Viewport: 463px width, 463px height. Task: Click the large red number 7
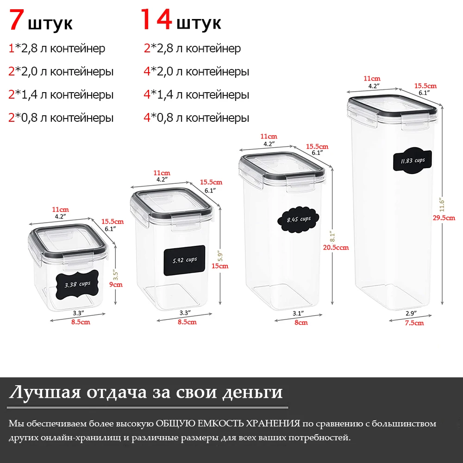pyautogui.click(x=17, y=20)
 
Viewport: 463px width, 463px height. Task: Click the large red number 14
pyautogui.click(x=156, y=20)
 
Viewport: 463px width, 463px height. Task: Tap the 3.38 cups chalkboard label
pyautogui.click(x=77, y=284)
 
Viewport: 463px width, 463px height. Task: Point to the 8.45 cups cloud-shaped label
pyautogui.click(x=298, y=219)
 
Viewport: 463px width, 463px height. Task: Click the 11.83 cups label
pyautogui.click(x=412, y=161)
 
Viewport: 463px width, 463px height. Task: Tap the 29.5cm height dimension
pyautogui.click(x=450, y=218)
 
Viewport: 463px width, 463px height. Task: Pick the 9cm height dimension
pyautogui.click(x=116, y=285)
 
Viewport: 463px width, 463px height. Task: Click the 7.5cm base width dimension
pyautogui.click(x=413, y=323)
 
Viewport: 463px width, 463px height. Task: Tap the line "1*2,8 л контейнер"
pyautogui.click(x=57, y=48)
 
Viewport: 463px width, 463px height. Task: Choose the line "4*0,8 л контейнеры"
pyautogui.click(x=196, y=118)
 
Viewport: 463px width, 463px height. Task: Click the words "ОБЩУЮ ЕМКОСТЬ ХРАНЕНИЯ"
pyautogui.click(x=228, y=424)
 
